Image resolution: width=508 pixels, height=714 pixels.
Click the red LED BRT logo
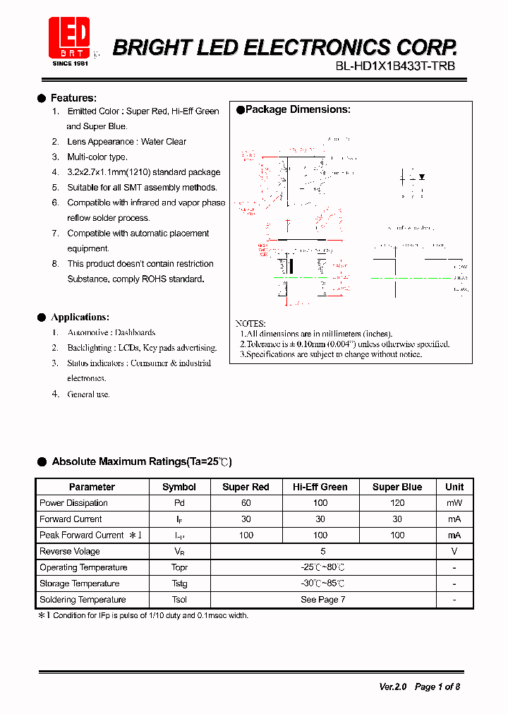[69, 37]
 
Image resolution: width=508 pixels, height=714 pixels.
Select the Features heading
[73, 98]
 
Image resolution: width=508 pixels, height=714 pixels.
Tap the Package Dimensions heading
[297, 109]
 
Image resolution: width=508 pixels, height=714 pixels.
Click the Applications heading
[80, 317]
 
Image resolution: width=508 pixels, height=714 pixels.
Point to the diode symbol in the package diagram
[421, 176]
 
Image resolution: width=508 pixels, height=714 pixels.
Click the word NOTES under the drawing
[250, 322]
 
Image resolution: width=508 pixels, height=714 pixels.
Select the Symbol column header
[179, 487]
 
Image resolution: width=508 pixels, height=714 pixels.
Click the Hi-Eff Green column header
[320, 487]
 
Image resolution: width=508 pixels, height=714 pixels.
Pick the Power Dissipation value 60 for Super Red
[246, 503]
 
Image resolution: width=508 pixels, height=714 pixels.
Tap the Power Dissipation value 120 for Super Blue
[397, 503]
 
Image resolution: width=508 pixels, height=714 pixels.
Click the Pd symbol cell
[179, 503]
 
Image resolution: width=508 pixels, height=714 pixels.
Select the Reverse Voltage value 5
[322, 551]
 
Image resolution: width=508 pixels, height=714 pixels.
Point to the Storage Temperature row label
[79, 583]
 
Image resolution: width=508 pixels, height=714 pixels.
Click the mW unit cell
[454, 503]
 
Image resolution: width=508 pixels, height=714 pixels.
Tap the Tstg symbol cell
[179, 583]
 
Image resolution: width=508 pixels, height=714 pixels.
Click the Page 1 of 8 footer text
[437, 686]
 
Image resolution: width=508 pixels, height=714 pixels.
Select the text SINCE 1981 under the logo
[70, 63]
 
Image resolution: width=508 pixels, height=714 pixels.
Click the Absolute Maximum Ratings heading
[141, 461]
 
